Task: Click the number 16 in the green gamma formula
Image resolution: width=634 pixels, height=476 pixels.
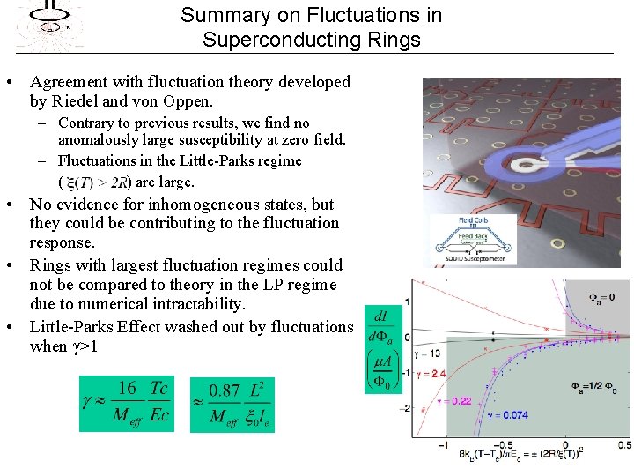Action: (126, 389)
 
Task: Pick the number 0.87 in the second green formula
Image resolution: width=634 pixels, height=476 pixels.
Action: (225, 390)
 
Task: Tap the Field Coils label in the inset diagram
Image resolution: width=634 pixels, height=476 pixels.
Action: (473, 220)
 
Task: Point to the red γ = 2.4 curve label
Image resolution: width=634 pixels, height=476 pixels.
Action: (428, 374)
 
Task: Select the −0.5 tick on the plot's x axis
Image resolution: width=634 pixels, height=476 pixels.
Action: (504, 443)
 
